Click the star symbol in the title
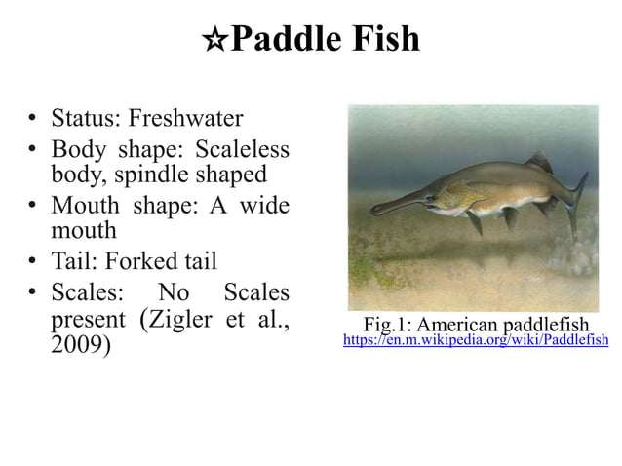(214, 41)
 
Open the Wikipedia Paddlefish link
(476, 340)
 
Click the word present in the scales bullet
(88, 320)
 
